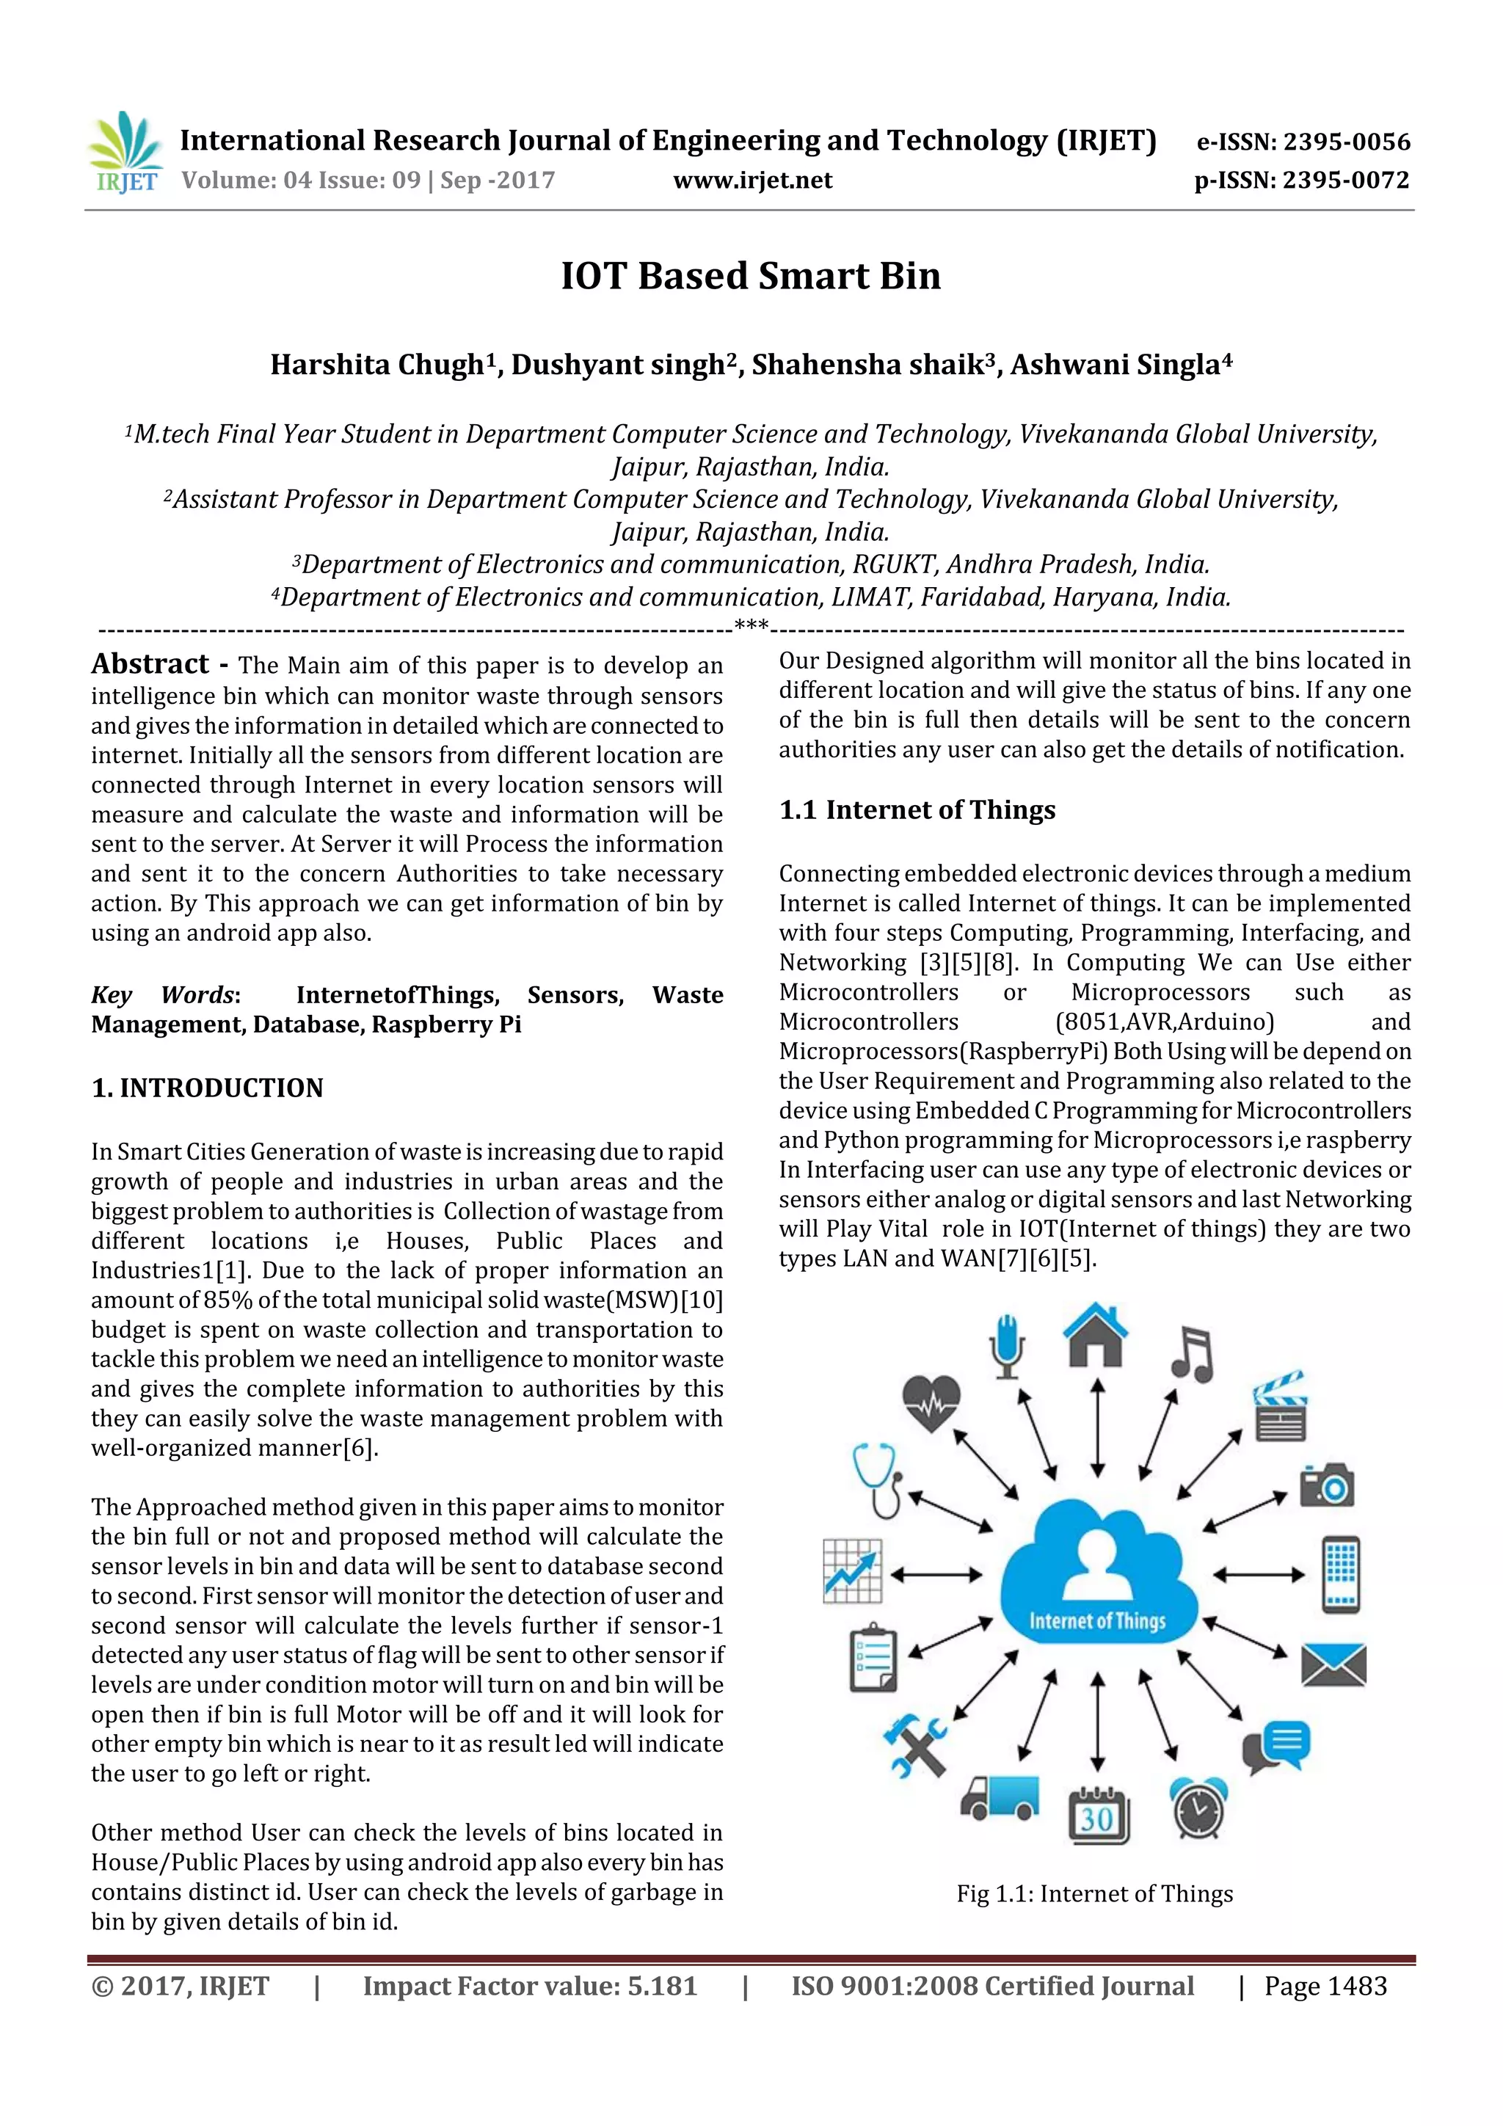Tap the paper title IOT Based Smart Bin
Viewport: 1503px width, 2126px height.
click(x=750, y=276)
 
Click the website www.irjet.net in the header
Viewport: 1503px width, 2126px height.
click(x=752, y=181)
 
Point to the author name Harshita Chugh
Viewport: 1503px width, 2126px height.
click(x=376, y=365)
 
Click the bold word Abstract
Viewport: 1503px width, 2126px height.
click(x=150, y=664)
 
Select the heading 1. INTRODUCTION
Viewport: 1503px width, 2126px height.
click(x=208, y=1088)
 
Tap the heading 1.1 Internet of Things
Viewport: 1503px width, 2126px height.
click(x=917, y=810)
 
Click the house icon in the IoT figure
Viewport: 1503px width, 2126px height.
click(x=1096, y=1334)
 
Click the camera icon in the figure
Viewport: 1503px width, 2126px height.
click(x=1326, y=1485)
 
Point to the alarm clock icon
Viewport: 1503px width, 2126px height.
click(x=1198, y=1808)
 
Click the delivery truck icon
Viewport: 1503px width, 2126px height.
click(x=998, y=1798)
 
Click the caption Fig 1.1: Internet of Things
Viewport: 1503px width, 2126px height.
click(x=1095, y=1893)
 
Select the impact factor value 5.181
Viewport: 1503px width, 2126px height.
click(x=662, y=1986)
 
